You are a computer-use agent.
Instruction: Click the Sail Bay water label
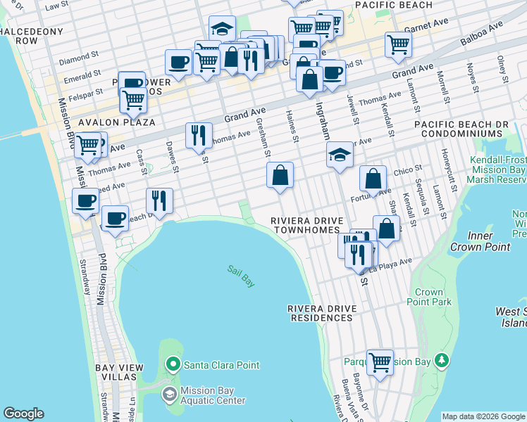point(241,275)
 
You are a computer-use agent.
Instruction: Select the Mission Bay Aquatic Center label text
point(212,395)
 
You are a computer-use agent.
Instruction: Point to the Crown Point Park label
point(429,297)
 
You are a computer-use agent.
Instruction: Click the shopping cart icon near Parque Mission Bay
point(380,362)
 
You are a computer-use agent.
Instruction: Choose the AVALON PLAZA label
point(116,122)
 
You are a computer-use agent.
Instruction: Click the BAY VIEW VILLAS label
point(119,372)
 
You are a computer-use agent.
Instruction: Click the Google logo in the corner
point(24,414)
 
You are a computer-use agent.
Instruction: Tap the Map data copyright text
point(483,416)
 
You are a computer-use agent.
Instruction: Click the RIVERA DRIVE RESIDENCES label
point(321,313)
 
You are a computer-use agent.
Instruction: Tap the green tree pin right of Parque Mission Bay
point(442,362)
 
